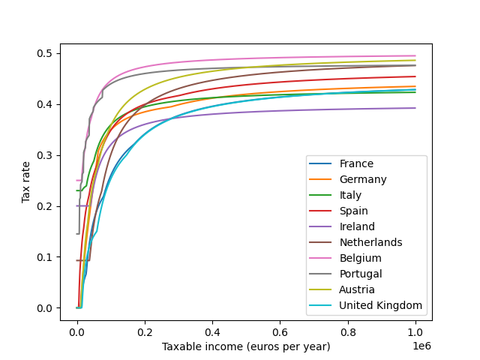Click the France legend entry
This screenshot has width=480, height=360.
[356, 163]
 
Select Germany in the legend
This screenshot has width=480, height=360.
[363, 179]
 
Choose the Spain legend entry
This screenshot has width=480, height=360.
[354, 211]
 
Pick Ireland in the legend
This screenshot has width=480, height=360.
[357, 226]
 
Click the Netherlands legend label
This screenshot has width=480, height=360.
[370, 242]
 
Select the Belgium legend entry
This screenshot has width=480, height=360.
[359, 258]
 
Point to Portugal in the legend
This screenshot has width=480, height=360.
[361, 274]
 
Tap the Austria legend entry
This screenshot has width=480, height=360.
[357, 289]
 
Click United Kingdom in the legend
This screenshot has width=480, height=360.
[380, 305]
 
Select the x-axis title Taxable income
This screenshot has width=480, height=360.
[246, 346]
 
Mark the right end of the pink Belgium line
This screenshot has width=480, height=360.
[415, 55]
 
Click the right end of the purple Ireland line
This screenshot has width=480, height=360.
[415, 108]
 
